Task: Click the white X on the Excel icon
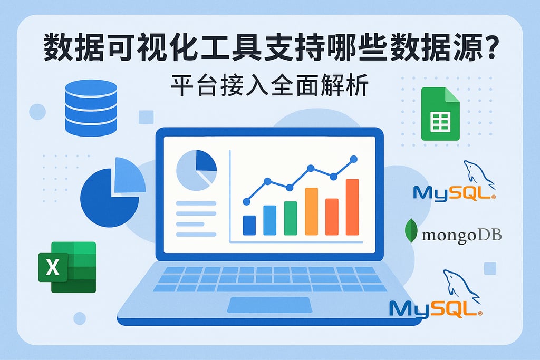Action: pyautogui.click(x=53, y=267)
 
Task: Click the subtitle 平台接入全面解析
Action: pyautogui.click(x=269, y=87)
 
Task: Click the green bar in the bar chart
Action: pyautogui.click(x=291, y=218)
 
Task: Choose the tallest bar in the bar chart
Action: pyautogui.click(x=352, y=207)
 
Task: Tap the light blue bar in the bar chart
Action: pyautogui.click(x=269, y=220)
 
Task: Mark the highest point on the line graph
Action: pyautogui.click(x=353, y=158)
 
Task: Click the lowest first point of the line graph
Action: pyautogui.click(x=246, y=201)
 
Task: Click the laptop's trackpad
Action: pyautogui.click(x=269, y=304)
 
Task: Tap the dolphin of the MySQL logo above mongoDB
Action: pyautogui.click(x=477, y=174)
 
